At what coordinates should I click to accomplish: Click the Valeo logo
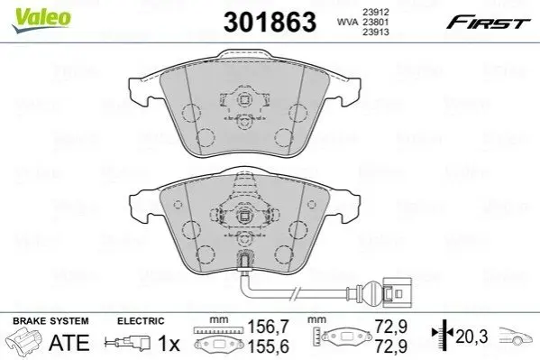pos(41,20)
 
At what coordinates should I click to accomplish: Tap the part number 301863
pos(270,22)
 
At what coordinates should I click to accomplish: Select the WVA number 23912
pos(375,12)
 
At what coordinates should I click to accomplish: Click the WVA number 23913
pos(375,32)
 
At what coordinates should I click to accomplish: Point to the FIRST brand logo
pos(488,23)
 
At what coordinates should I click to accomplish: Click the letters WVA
pos(347,22)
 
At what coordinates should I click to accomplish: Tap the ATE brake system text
pos(69,343)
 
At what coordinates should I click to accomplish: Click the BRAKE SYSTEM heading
pos(50,321)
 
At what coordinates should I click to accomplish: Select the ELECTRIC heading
pos(141,321)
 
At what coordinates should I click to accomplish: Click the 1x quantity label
pos(169,343)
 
